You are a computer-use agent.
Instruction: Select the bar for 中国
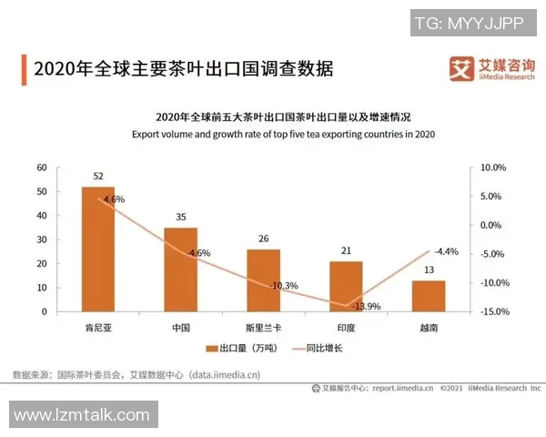pyautogui.click(x=180, y=269)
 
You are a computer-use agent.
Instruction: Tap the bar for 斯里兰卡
pyautogui.click(x=263, y=280)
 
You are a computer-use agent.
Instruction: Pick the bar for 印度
pyautogui.click(x=346, y=286)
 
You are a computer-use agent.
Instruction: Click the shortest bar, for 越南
pyautogui.click(x=429, y=296)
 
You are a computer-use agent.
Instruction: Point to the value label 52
pyautogui.click(x=98, y=176)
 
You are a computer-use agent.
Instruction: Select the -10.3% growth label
pyautogui.click(x=283, y=285)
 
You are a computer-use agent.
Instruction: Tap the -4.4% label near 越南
pyautogui.click(x=445, y=251)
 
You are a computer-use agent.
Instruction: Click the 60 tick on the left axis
pyautogui.click(x=41, y=168)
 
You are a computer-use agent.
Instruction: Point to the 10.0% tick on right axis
pyautogui.click(x=491, y=168)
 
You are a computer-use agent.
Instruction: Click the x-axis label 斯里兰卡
pyautogui.click(x=263, y=325)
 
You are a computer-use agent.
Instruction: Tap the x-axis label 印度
pyautogui.click(x=346, y=325)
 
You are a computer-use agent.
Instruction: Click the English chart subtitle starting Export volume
pyautogui.click(x=270, y=135)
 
